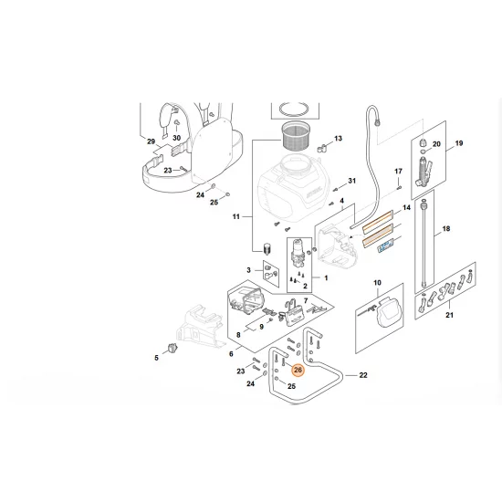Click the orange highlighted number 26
[x=297, y=370]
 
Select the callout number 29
[x=152, y=142]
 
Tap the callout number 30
[x=178, y=138]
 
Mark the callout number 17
[x=398, y=172]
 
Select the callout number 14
[x=407, y=209]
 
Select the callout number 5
[x=156, y=359]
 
